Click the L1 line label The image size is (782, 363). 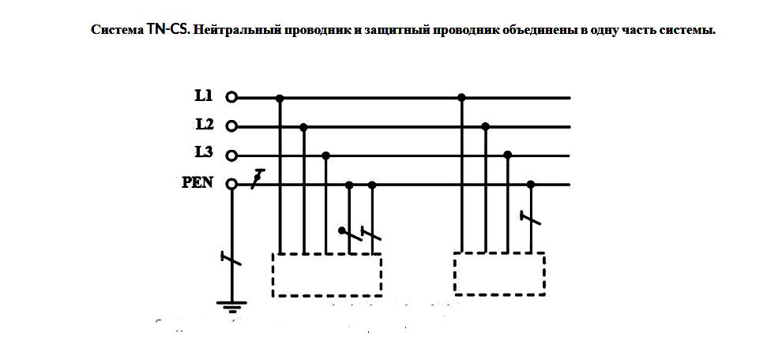[203, 95]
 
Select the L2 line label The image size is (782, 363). [204, 124]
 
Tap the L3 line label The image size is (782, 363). [204, 152]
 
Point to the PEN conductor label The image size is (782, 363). [197, 183]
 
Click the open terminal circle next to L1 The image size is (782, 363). [231, 98]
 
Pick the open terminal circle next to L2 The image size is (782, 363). [231, 126]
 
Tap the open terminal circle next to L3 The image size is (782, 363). [231, 156]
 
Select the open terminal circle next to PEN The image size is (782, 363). [231, 185]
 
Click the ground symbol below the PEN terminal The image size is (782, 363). [231, 305]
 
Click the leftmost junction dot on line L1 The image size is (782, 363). [280, 98]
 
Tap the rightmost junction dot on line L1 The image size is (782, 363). [462, 97]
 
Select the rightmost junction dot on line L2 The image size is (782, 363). [485, 126]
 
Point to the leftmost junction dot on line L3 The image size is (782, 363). [325, 156]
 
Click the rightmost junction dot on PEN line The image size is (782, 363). [531, 185]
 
